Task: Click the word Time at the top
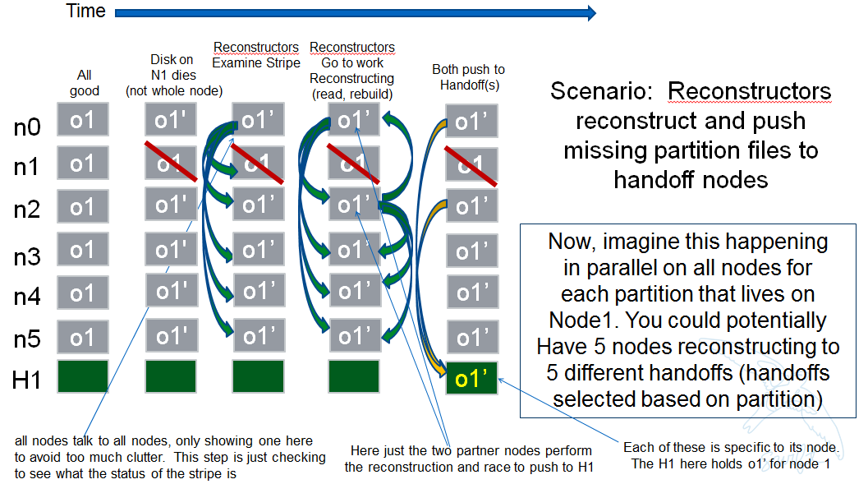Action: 86,12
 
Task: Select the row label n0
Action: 27,127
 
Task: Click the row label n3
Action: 27,257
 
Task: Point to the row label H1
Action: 27,380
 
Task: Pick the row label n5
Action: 27,339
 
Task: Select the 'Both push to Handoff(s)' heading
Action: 468,77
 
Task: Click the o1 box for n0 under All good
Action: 83,119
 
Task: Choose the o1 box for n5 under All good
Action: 83,338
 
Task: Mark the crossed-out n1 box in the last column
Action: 471,164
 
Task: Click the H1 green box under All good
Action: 83,376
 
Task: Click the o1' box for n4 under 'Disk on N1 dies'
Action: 172,291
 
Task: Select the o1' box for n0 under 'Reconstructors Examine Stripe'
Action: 258,120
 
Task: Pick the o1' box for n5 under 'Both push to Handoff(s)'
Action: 471,337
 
